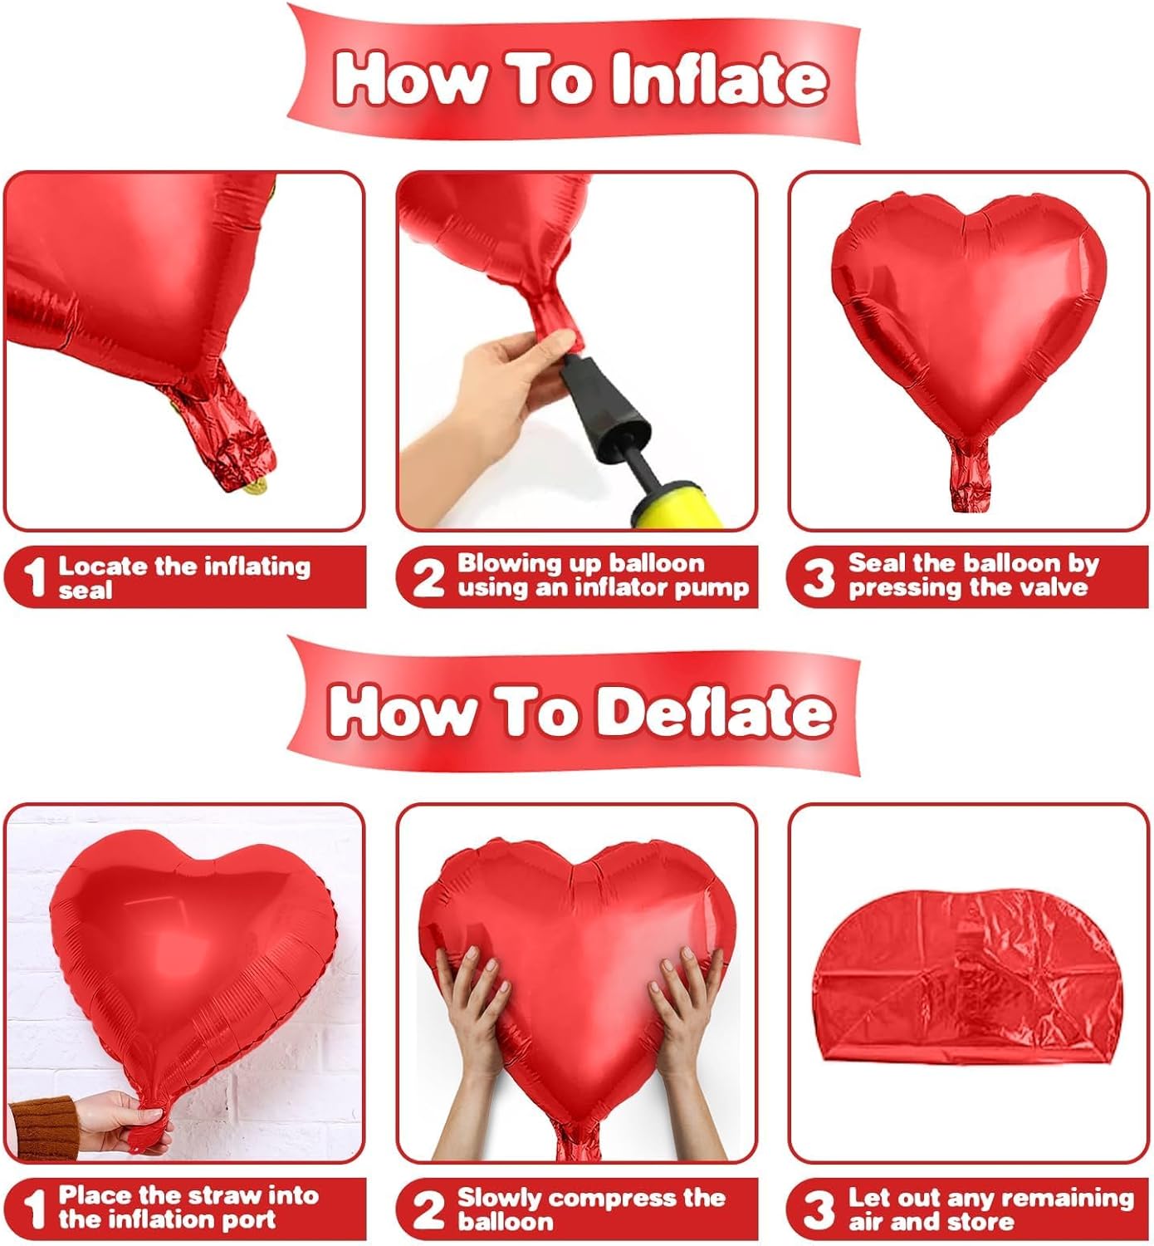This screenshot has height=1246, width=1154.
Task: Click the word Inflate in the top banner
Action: point(719,79)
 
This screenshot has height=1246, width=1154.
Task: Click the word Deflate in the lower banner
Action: point(715,712)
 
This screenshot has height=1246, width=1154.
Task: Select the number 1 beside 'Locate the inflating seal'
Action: point(34,577)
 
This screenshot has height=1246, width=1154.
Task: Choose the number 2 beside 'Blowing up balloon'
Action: point(428,577)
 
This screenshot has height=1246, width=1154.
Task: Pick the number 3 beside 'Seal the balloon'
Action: point(819,577)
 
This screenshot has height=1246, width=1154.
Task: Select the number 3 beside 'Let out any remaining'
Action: point(819,1209)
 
